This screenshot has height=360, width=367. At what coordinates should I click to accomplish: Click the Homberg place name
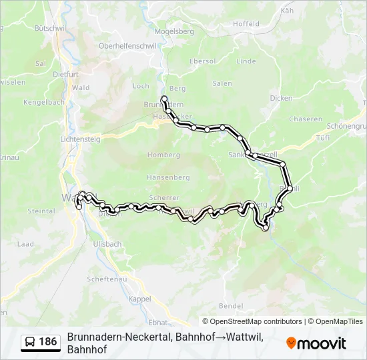click(163, 155)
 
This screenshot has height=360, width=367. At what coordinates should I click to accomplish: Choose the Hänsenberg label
click(168, 178)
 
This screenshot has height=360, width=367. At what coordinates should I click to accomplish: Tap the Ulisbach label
click(107, 244)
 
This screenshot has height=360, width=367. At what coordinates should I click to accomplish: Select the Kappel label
click(140, 299)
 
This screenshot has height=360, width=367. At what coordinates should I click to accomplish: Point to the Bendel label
click(231, 305)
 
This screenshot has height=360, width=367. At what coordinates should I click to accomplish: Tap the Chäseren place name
click(306, 119)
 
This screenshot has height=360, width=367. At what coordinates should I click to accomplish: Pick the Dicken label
click(281, 98)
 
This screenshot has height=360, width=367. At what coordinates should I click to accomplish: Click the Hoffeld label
click(246, 24)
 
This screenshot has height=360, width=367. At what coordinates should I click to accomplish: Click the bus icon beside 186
click(30, 342)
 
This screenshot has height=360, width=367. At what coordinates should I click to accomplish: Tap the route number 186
click(48, 342)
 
